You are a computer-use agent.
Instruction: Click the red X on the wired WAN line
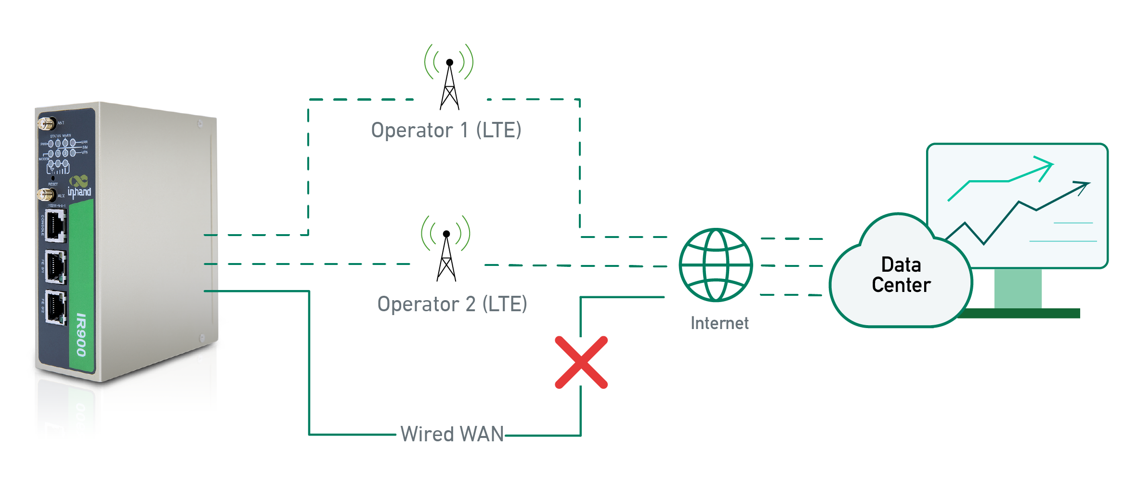(581, 362)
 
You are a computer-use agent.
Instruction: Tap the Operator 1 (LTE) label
(446, 130)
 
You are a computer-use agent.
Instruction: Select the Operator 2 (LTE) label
(452, 304)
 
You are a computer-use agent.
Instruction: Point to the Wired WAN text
(452, 434)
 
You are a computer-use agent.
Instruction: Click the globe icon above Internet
(716, 265)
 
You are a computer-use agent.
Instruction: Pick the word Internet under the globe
(719, 323)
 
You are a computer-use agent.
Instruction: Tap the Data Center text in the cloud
(901, 275)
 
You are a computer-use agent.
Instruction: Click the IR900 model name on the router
(81, 335)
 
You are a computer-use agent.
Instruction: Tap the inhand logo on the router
(79, 188)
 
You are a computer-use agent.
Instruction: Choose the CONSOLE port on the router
(56, 225)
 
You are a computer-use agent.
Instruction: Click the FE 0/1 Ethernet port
(56, 266)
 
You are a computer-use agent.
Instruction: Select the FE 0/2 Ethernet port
(56, 307)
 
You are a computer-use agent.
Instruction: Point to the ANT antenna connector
(46, 124)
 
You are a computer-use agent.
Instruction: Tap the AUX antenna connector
(46, 195)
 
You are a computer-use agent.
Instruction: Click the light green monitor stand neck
(1018, 288)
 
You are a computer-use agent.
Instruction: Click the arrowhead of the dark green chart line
(1084, 185)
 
